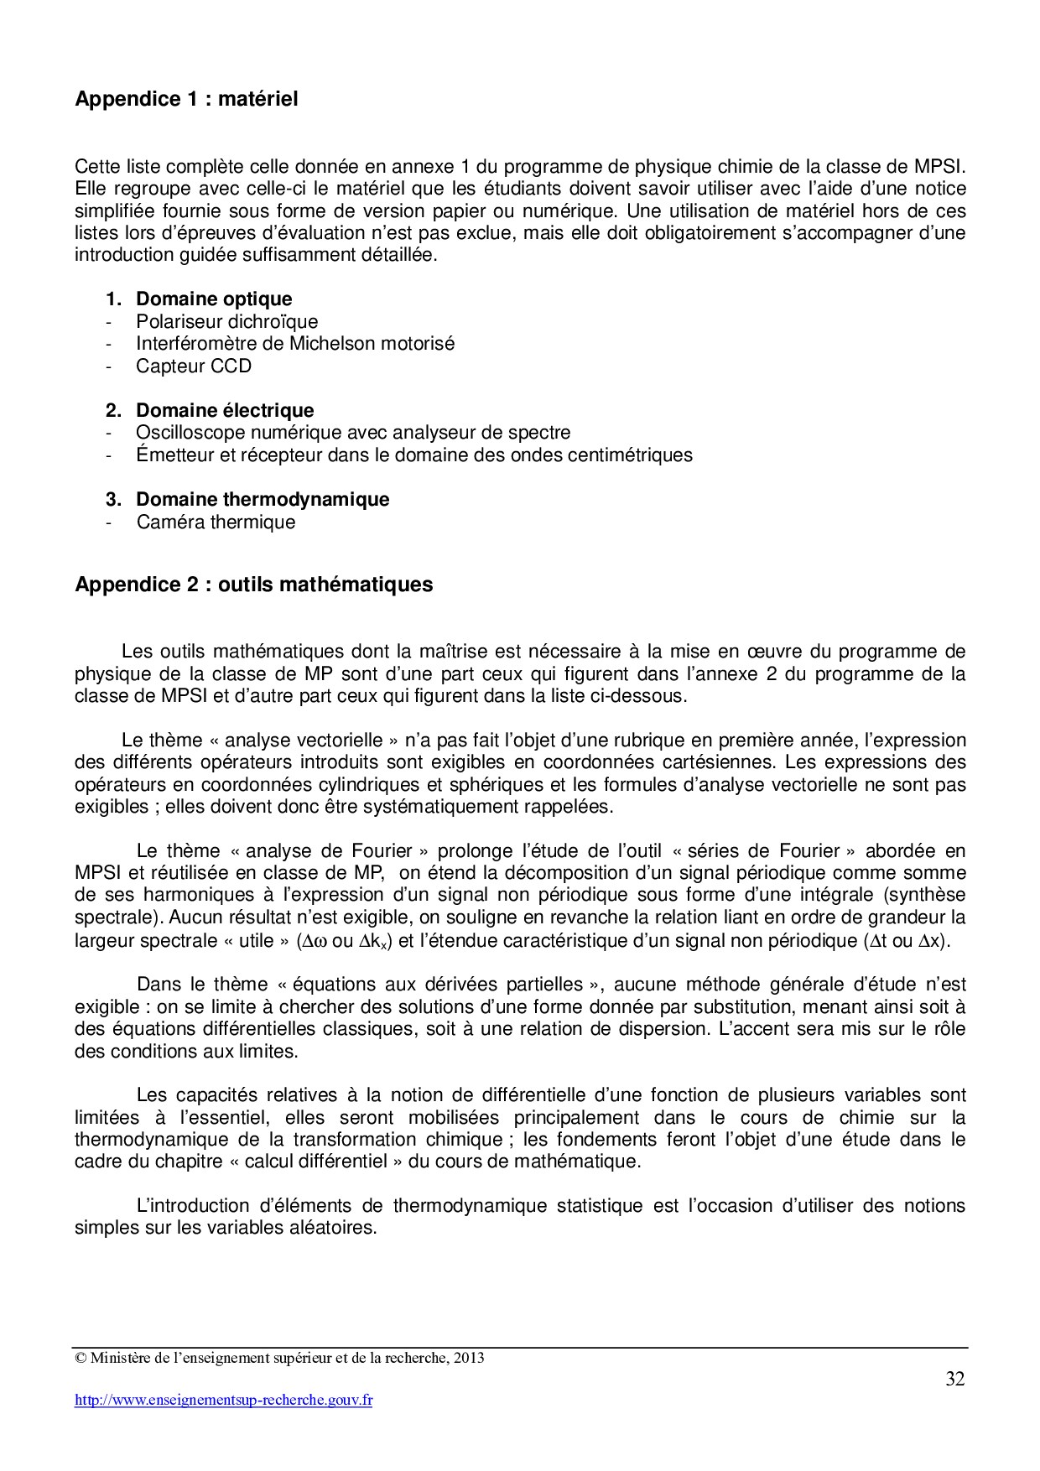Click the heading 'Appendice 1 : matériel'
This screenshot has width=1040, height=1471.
(186, 99)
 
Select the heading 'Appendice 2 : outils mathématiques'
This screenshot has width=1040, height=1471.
(254, 584)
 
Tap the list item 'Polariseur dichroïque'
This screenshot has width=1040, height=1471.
(227, 321)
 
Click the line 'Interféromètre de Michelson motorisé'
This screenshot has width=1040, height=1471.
(295, 343)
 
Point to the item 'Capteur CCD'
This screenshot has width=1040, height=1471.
(194, 366)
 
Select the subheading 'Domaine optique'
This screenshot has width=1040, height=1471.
(214, 299)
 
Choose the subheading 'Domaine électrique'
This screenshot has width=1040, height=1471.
(225, 410)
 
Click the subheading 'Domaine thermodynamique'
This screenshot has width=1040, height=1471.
(263, 499)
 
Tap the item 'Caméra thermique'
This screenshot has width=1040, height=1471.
(216, 522)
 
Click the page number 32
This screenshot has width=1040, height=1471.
(954, 1380)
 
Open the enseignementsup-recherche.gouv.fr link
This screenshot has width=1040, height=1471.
(224, 1400)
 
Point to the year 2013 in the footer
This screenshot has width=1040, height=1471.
(470, 1358)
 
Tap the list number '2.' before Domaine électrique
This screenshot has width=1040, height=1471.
(113, 410)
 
